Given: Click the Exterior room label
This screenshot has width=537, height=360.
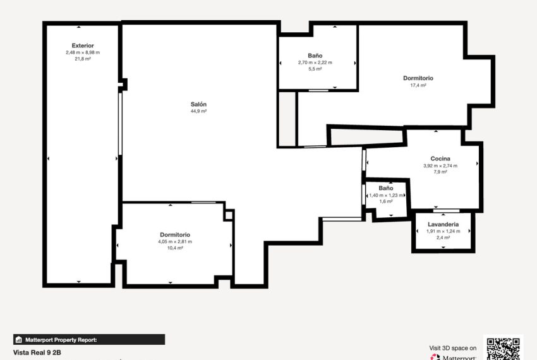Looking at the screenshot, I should pos(83,45).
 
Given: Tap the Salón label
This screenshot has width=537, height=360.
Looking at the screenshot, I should pos(199,104).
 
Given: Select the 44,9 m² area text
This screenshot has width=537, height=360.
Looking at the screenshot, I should pos(199,111).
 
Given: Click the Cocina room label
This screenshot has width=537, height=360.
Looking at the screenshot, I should pos(440,159).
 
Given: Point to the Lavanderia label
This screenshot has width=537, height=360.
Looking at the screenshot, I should pos(443,224).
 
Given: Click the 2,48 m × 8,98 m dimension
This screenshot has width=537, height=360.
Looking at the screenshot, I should pos(83,52).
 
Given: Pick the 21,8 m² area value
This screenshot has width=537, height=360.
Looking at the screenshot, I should pos(83,59).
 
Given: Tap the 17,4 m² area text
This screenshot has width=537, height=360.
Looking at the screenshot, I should pos(418,85).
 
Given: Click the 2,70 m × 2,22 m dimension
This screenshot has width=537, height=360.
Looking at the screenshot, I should pos(315,63).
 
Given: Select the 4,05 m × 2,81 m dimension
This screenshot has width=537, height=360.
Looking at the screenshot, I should pos(175,241).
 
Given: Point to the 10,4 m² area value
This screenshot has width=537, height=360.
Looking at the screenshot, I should pos(175,248).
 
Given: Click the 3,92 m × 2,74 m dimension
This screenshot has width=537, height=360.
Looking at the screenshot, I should pos(440,165).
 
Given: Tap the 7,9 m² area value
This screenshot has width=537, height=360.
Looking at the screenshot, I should pos(440,172).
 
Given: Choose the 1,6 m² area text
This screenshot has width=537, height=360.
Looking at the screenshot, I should pos(386,202).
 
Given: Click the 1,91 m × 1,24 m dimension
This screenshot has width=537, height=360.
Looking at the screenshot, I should pos(443,231).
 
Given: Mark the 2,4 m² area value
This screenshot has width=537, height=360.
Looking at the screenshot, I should pos(443,237).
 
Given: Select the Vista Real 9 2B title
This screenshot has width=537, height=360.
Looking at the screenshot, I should pos(37,352).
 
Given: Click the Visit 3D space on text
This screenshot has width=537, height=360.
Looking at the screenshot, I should pos(453,347).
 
